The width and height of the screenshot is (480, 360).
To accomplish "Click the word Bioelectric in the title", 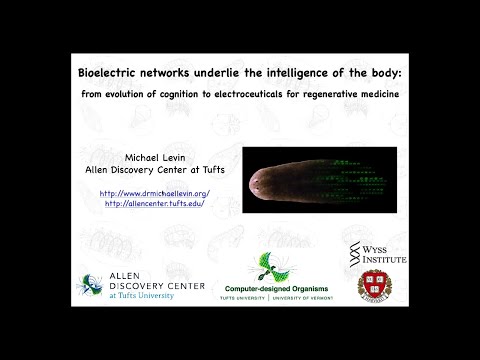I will click(x=111, y=74).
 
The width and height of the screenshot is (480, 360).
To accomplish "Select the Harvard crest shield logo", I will click(x=375, y=284).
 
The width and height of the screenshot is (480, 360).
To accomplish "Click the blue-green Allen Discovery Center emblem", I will click(x=91, y=285).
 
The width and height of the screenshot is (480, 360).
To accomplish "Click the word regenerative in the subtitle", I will click(x=377, y=94).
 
